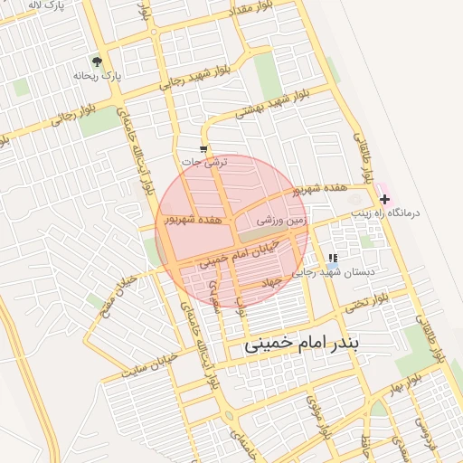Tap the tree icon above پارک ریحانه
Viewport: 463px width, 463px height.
click(96, 61)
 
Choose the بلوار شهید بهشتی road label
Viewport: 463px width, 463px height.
click(274, 106)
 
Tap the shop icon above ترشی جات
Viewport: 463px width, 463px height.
click(203, 149)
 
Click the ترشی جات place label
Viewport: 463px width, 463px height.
click(205, 162)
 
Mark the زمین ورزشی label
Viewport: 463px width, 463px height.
click(282, 219)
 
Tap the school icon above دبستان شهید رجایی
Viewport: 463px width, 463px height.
click(334, 259)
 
